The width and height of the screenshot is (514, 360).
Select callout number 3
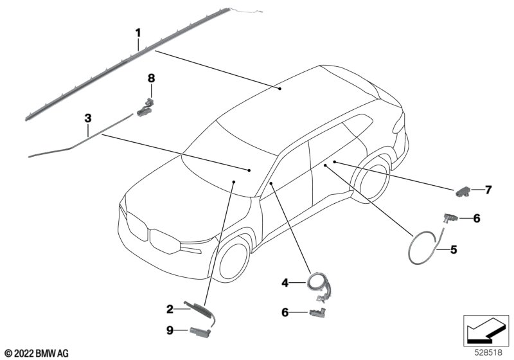pyautogui.click(x=88, y=118)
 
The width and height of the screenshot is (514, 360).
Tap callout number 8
pyautogui.click(x=152, y=78)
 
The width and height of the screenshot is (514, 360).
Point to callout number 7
pyautogui.click(x=488, y=190)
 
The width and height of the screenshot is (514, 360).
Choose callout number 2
pyautogui.click(x=170, y=309)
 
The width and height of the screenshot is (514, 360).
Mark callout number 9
pyautogui.click(x=170, y=330)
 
